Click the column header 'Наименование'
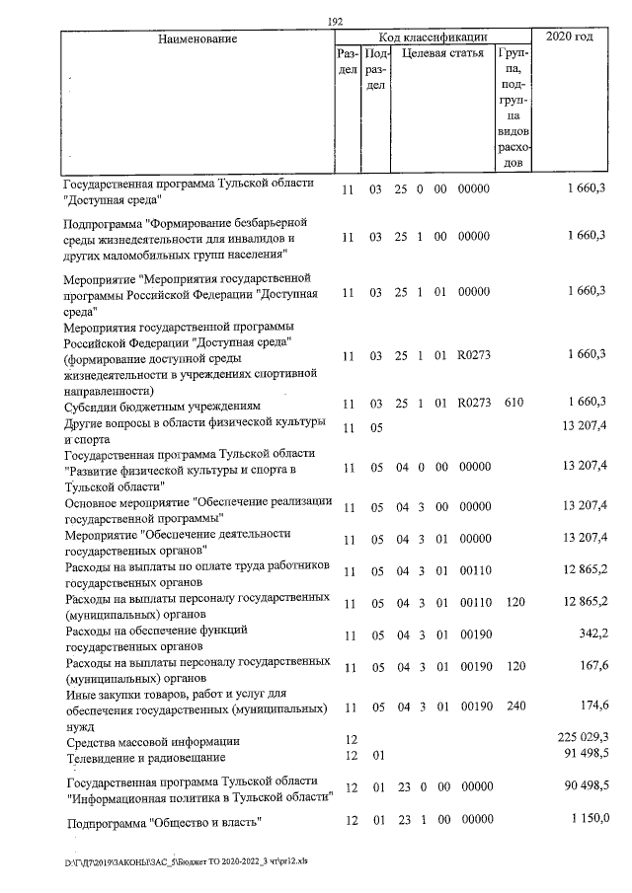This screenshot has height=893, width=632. (x=196, y=38)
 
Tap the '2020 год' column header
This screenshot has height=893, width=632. (x=571, y=37)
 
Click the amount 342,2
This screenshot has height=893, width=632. (x=592, y=635)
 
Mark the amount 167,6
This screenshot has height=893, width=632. (x=592, y=667)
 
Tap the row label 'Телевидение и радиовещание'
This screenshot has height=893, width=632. (x=145, y=758)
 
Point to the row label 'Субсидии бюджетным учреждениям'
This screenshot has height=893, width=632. (x=162, y=405)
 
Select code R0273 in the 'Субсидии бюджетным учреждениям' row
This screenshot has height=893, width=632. (x=474, y=403)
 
